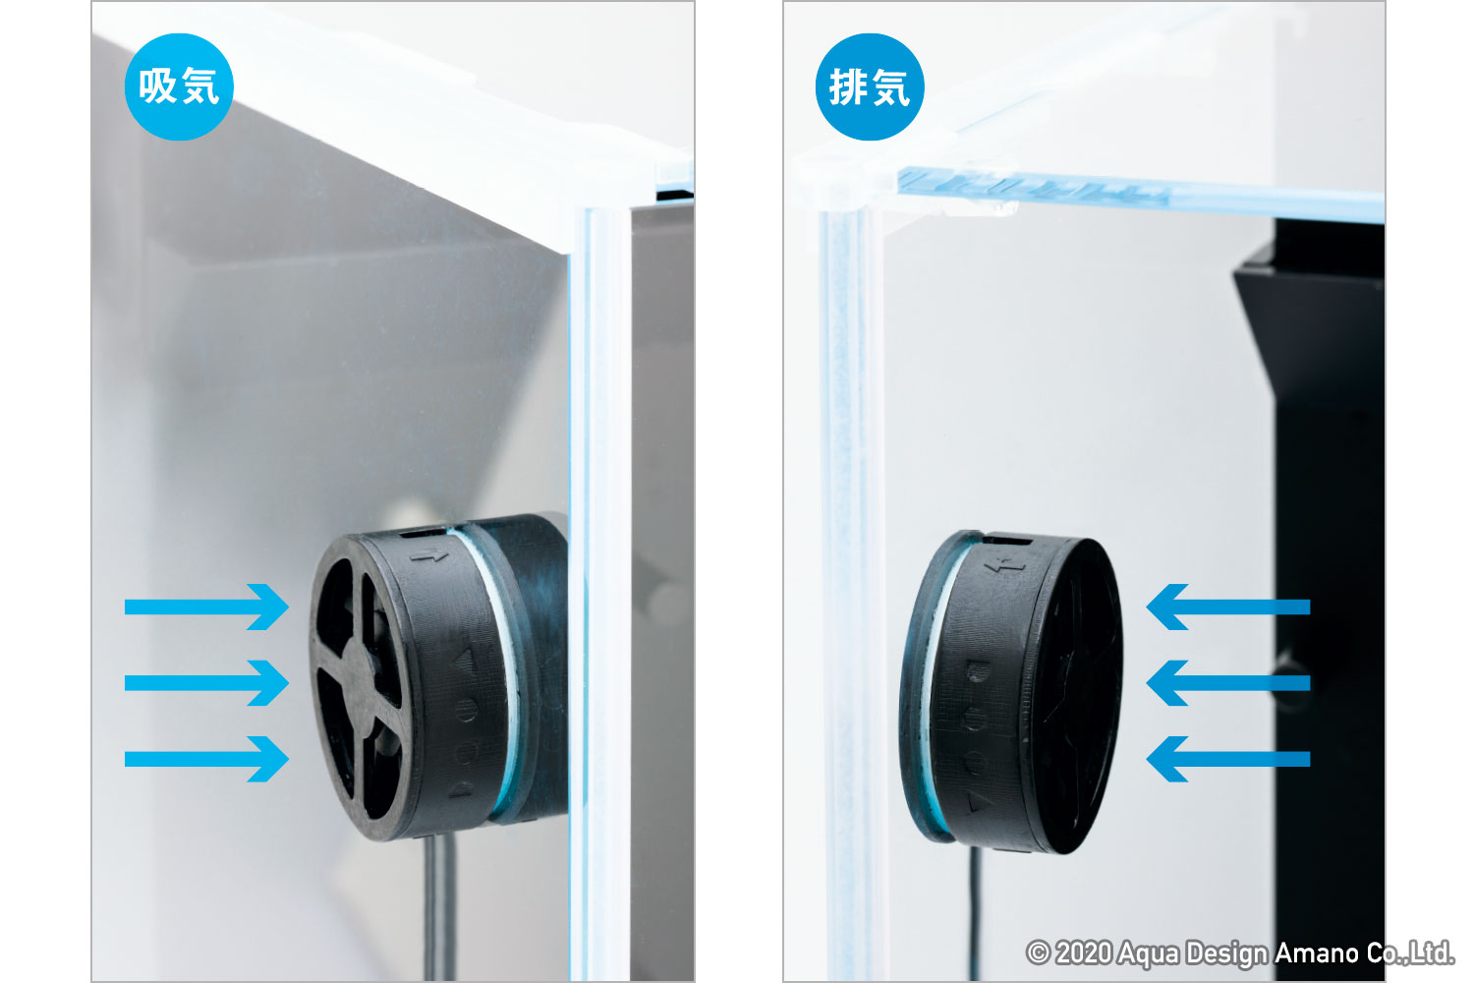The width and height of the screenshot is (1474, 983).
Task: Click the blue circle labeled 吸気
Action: (x=179, y=87)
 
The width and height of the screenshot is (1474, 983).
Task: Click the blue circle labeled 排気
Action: (x=870, y=87)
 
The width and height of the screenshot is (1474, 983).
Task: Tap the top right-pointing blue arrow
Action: (x=206, y=607)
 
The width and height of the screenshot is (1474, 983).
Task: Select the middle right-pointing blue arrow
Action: (x=206, y=683)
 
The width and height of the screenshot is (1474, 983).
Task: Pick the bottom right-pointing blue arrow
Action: (x=206, y=759)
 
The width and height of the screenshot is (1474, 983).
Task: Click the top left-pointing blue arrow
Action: (x=1228, y=607)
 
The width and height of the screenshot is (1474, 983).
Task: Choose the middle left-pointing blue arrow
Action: (x=1228, y=683)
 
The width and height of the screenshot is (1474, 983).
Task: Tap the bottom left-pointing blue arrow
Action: (x=1228, y=759)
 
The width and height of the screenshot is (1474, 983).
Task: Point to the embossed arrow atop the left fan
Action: (x=429, y=557)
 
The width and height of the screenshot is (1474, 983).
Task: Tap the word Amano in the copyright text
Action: (x=1317, y=953)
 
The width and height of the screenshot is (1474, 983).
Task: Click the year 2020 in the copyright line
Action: (x=1084, y=953)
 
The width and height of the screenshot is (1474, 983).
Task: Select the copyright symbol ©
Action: (x=1038, y=953)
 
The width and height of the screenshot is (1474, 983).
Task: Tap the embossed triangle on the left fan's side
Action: (x=466, y=663)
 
